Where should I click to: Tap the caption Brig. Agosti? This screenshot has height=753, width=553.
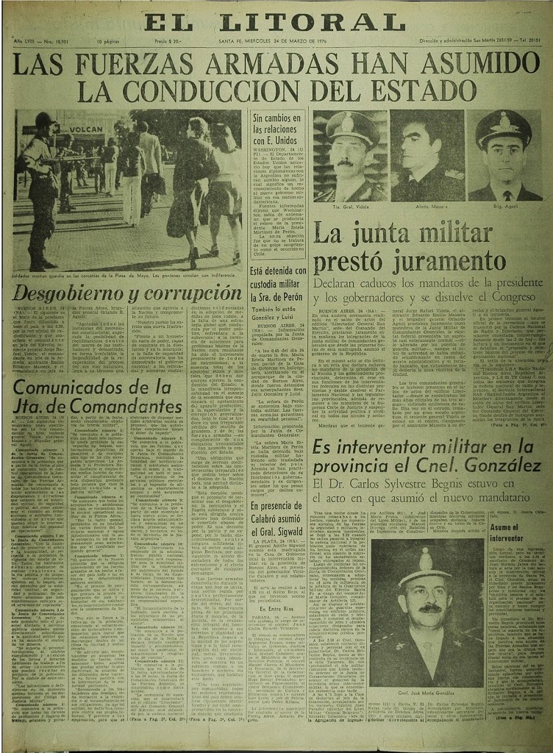pos(502,207)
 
